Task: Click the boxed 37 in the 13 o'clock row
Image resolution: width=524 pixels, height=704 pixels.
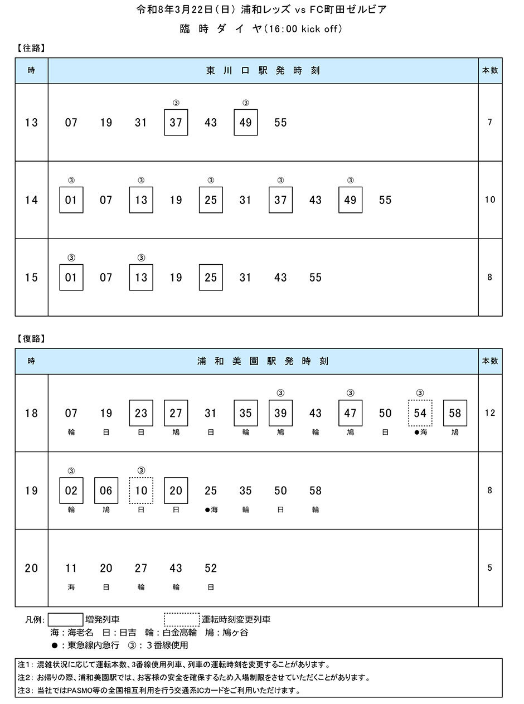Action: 176,123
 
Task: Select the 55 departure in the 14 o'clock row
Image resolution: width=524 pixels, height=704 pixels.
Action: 385,200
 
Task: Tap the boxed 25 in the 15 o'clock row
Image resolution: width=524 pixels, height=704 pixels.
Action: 211,278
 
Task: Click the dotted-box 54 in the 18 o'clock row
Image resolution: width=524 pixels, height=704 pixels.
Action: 420,413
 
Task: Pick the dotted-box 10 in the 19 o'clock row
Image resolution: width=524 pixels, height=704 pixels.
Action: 141,491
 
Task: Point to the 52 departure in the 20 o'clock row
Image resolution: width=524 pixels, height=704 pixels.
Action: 211,568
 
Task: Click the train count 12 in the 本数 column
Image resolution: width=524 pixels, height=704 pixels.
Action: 490,412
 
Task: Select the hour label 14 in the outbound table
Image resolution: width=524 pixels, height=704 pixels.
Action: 31,200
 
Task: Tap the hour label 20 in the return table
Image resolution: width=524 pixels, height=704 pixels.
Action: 31,568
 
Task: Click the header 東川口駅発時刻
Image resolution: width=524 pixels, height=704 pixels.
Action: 263,70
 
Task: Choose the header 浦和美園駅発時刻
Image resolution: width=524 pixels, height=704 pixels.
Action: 263,361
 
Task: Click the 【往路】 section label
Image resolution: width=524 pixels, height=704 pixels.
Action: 31,48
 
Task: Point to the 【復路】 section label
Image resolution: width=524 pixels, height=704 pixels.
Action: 31,339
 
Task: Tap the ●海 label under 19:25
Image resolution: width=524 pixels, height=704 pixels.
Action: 211,509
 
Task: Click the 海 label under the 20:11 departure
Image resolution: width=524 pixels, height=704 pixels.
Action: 71,587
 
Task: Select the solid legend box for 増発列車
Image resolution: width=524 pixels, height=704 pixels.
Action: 65,619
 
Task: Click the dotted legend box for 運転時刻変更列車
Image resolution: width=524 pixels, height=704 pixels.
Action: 182,619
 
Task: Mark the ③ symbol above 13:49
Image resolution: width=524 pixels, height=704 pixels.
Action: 246,103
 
